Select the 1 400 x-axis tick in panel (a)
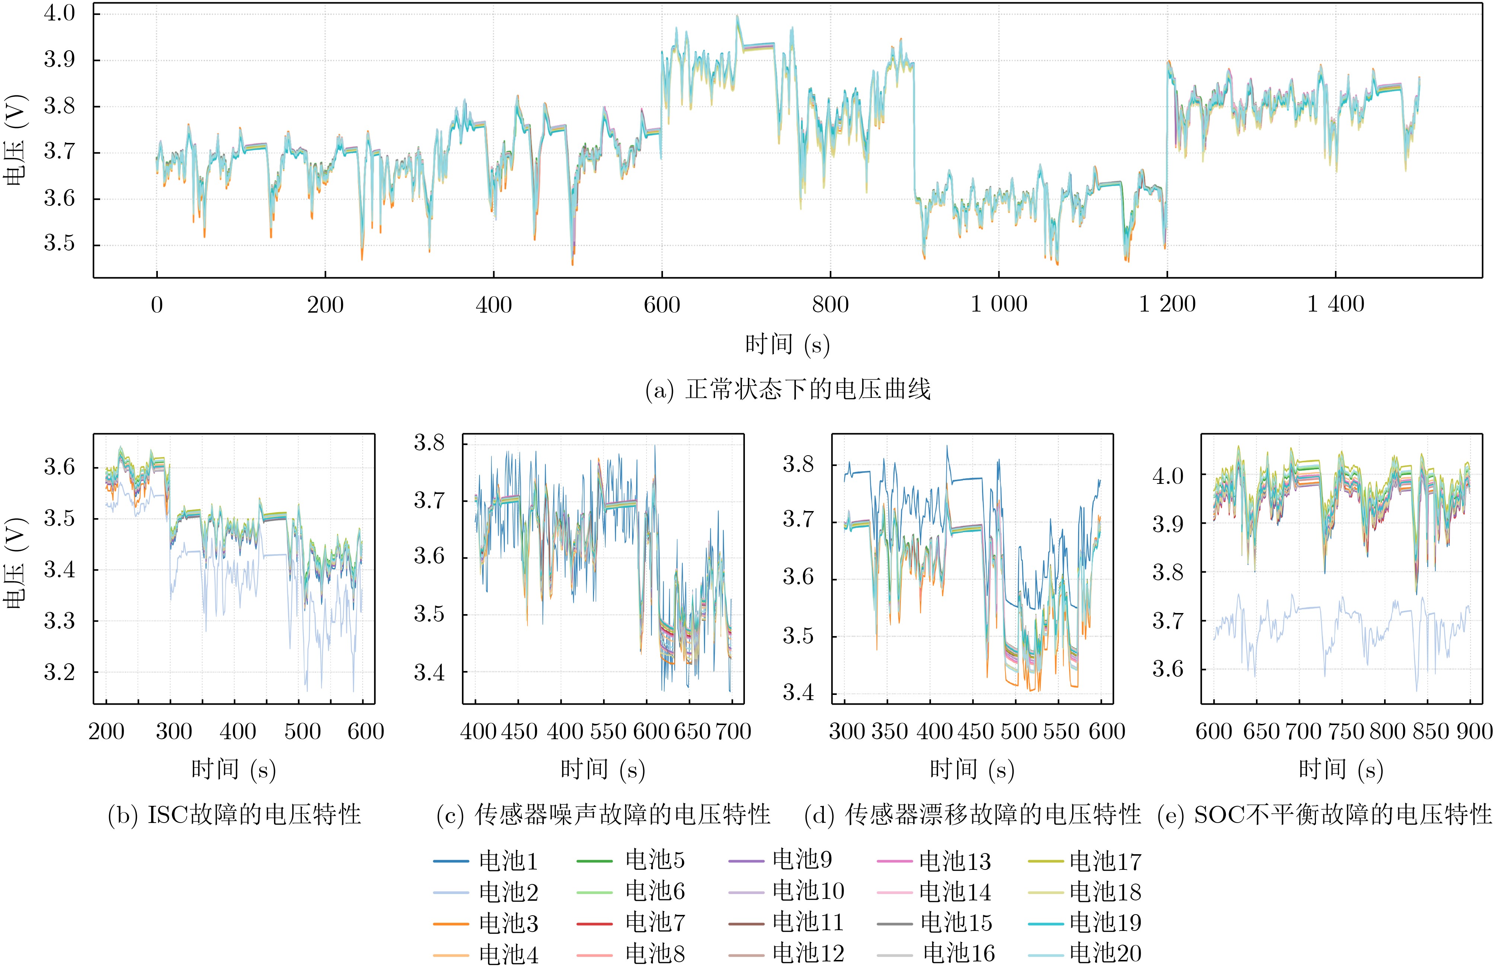[x=1336, y=304]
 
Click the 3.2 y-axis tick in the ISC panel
[x=59, y=673]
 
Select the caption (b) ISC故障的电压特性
[x=234, y=815]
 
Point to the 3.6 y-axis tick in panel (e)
[x=1167, y=669]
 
